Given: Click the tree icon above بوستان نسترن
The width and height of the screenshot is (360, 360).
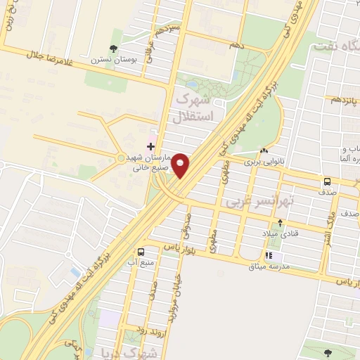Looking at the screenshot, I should tap(113, 48).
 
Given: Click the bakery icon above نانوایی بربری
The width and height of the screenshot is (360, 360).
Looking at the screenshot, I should tap(264, 151).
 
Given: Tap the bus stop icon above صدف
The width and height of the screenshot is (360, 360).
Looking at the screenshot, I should tap(328, 181).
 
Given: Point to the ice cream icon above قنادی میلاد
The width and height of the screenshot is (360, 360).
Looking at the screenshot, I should tap(280, 223).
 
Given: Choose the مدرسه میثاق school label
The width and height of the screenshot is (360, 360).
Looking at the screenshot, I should tap(268, 266).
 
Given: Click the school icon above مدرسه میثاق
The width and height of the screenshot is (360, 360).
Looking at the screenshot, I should tap(268, 256).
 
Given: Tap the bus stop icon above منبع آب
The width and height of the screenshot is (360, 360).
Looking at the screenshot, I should tap(141, 252).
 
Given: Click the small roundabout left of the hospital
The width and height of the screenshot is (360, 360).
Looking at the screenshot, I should tap(121, 157).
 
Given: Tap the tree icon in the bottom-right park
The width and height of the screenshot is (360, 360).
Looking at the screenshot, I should tap(328, 352).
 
